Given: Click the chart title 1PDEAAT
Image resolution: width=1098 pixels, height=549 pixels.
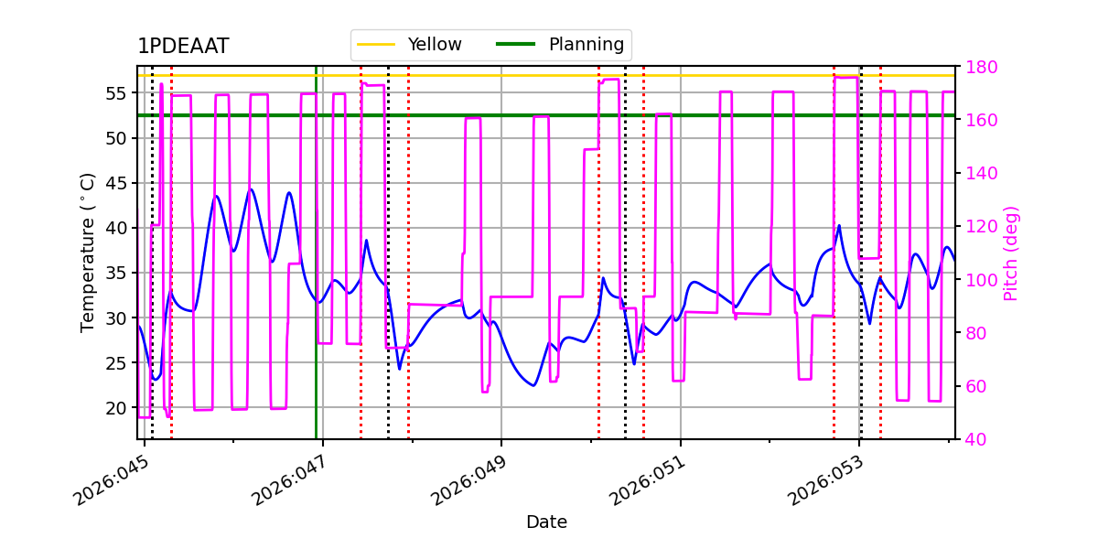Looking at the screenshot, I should [183, 47].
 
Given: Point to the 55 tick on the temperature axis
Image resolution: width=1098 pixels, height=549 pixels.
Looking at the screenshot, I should [119, 93].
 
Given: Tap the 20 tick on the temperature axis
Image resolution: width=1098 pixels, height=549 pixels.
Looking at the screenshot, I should [119, 407].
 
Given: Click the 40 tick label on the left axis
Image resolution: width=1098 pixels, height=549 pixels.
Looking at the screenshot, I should [119, 228].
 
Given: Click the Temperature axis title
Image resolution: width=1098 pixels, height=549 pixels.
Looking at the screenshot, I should [88, 252].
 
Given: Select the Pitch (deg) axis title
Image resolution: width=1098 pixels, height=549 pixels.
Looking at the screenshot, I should [1011, 253].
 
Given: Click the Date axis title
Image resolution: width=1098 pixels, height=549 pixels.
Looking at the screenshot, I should [546, 522].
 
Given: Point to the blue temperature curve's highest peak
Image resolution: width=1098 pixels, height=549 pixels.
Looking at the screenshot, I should [252, 189].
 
